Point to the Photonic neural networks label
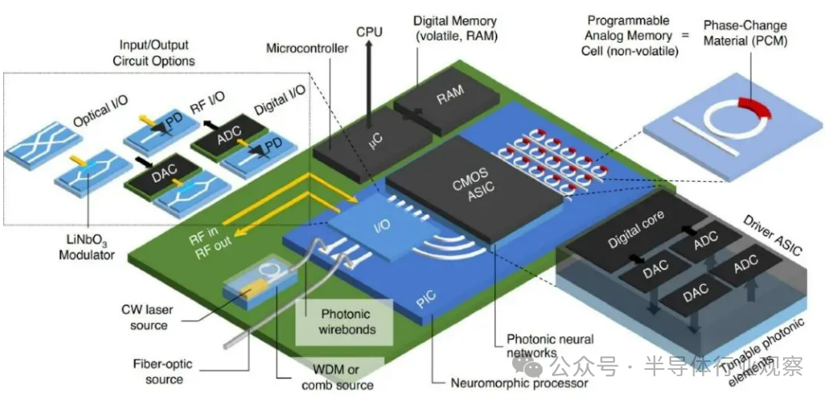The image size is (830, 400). click(550, 346)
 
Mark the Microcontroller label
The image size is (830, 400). click(307, 49)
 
